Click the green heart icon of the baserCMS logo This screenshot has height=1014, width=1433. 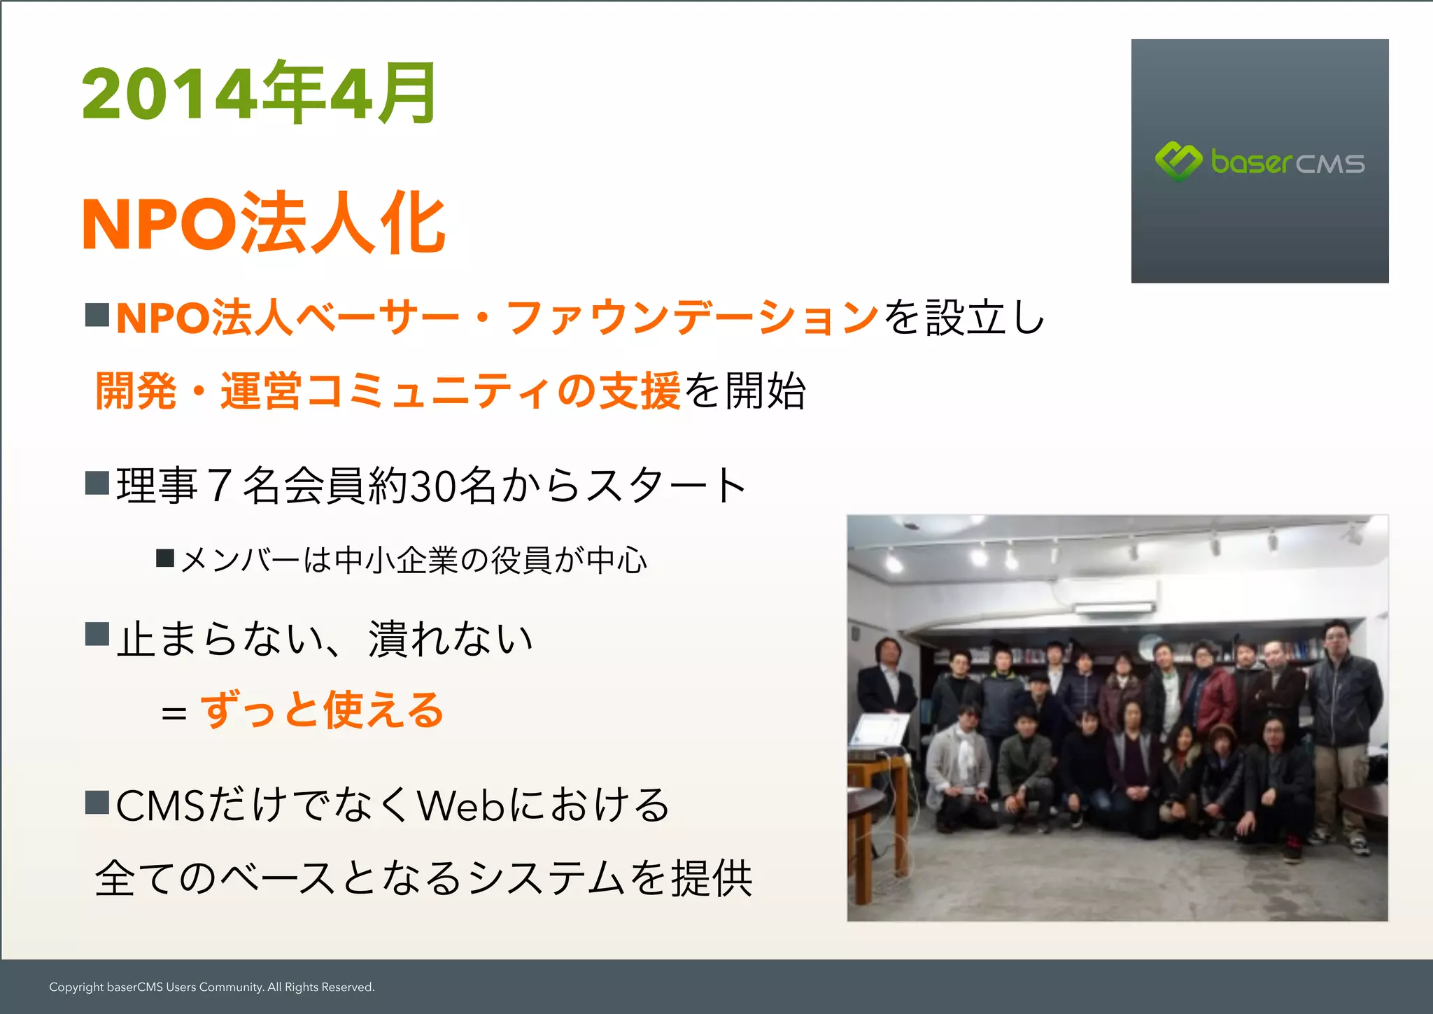[x=1178, y=161]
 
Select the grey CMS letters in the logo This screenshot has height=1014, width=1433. [x=1329, y=164]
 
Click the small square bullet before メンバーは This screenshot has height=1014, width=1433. [x=165, y=558]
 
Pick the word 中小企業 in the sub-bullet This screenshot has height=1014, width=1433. [x=396, y=561]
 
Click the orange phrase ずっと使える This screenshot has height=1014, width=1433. [x=322, y=711]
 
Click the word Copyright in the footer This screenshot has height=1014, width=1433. [x=76, y=987]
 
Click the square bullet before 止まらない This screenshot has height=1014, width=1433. [x=97, y=634]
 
